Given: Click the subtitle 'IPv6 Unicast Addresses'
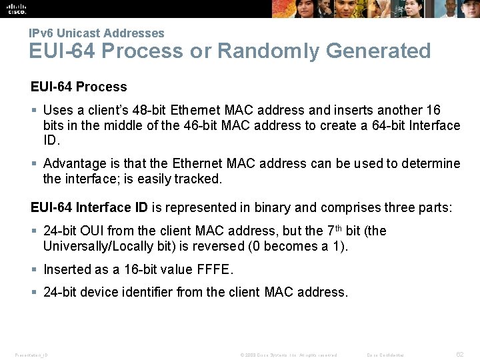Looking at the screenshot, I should (x=96, y=33).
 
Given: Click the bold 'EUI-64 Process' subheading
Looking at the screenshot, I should (x=79, y=87).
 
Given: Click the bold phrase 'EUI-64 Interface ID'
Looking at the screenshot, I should (x=89, y=207).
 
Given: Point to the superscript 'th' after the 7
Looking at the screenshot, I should (x=339, y=228).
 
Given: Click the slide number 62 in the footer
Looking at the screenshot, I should (x=459, y=354).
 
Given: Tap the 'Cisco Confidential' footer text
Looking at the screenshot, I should (x=385, y=355).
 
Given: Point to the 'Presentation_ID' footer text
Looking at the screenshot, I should (x=31, y=355).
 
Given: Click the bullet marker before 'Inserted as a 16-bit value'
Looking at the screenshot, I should (x=34, y=269).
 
